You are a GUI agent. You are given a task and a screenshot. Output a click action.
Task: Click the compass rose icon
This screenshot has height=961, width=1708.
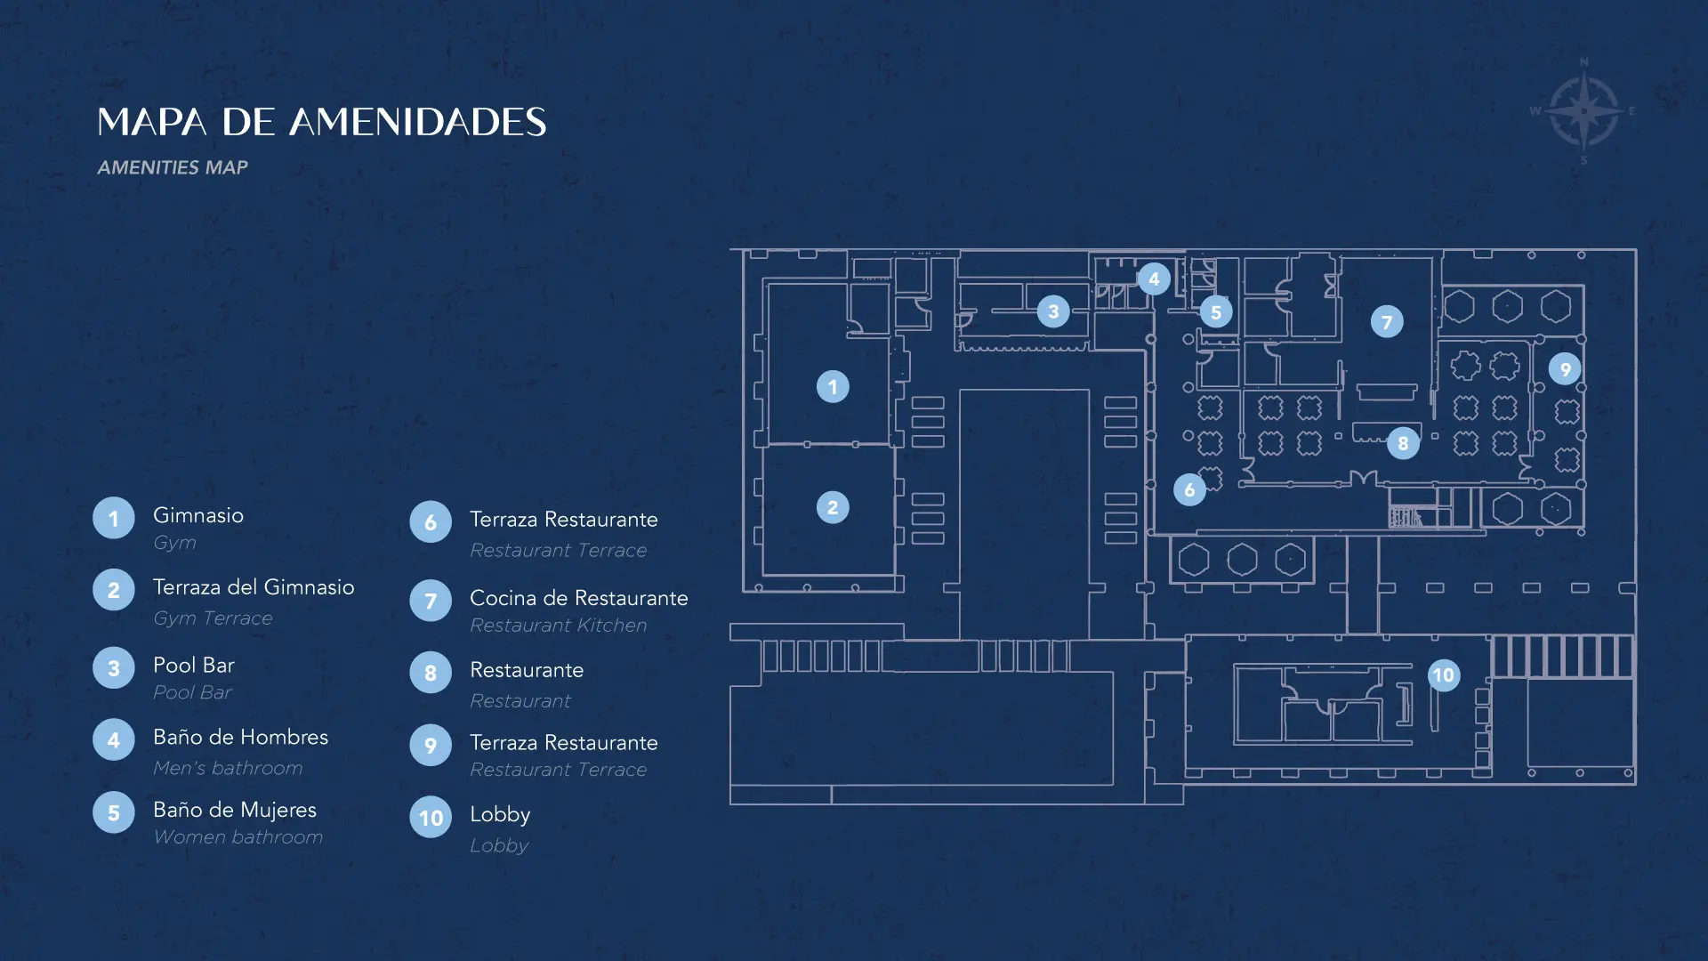1583,112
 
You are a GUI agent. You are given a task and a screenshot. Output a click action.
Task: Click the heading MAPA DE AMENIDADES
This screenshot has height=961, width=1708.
321,122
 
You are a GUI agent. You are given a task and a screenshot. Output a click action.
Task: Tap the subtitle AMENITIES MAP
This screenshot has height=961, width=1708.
173,167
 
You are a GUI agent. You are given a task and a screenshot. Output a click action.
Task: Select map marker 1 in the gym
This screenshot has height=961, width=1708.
833,386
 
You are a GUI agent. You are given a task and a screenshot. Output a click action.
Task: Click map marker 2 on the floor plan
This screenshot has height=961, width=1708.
833,507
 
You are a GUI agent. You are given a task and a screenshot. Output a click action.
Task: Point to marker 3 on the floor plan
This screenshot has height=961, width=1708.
1053,311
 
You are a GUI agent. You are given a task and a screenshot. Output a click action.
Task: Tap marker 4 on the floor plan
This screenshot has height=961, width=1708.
1154,279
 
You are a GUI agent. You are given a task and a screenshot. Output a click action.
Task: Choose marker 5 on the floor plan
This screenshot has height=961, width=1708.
1216,312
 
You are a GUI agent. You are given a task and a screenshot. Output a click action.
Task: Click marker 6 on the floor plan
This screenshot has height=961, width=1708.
1189,489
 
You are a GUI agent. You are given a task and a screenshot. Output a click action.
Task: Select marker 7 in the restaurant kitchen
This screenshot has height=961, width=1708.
1387,321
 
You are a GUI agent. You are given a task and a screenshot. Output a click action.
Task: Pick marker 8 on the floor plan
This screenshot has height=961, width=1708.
1403,442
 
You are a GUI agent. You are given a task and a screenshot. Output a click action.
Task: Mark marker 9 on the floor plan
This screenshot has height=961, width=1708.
1565,368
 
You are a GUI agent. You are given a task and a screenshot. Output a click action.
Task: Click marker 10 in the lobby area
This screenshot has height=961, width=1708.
1443,675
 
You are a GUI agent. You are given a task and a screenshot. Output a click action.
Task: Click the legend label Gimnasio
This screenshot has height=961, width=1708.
198,515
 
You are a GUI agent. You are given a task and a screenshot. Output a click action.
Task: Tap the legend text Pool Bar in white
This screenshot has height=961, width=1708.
194,665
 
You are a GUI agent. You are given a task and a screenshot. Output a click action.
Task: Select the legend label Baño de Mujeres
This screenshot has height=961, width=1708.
235,810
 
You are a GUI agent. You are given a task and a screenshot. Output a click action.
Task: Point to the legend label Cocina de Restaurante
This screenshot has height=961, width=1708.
579,598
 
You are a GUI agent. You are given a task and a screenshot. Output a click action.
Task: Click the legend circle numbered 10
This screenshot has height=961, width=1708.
431,817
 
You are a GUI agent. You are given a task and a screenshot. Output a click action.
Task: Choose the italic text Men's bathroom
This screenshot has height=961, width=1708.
228,768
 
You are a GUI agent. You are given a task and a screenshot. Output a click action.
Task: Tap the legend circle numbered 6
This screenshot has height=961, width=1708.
431,522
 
